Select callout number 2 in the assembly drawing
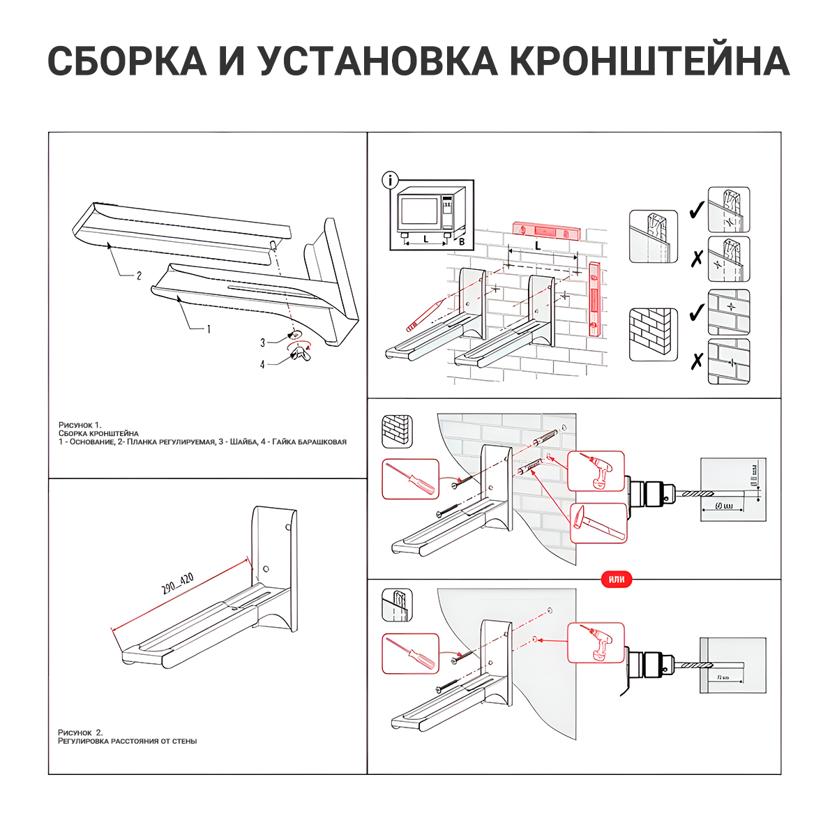(x=138, y=276)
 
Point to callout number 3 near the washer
(x=262, y=342)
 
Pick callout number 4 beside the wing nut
(x=262, y=364)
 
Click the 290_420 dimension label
(x=177, y=583)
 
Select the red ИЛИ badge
(x=616, y=579)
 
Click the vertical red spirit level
(x=594, y=299)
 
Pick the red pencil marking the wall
(x=425, y=315)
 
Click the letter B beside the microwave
(x=461, y=242)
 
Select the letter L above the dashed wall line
(x=538, y=246)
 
